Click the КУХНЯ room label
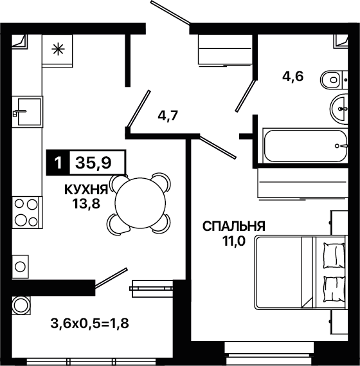point(86,190)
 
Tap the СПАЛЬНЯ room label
point(234,226)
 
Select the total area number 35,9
point(93,163)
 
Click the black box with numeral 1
point(58,163)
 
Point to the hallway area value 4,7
point(168,115)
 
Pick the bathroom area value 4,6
point(292,76)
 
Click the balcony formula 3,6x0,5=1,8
point(89,324)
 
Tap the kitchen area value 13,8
point(86,204)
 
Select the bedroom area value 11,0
point(234,241)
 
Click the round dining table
point(140,203)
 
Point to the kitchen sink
point(27,111)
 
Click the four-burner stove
point(27,212)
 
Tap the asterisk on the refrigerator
point(58,50)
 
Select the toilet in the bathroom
point(334,80)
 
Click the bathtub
point(305,145)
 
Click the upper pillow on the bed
point(334,255)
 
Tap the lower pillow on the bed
point(334,289)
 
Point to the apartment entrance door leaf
point(171,12)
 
